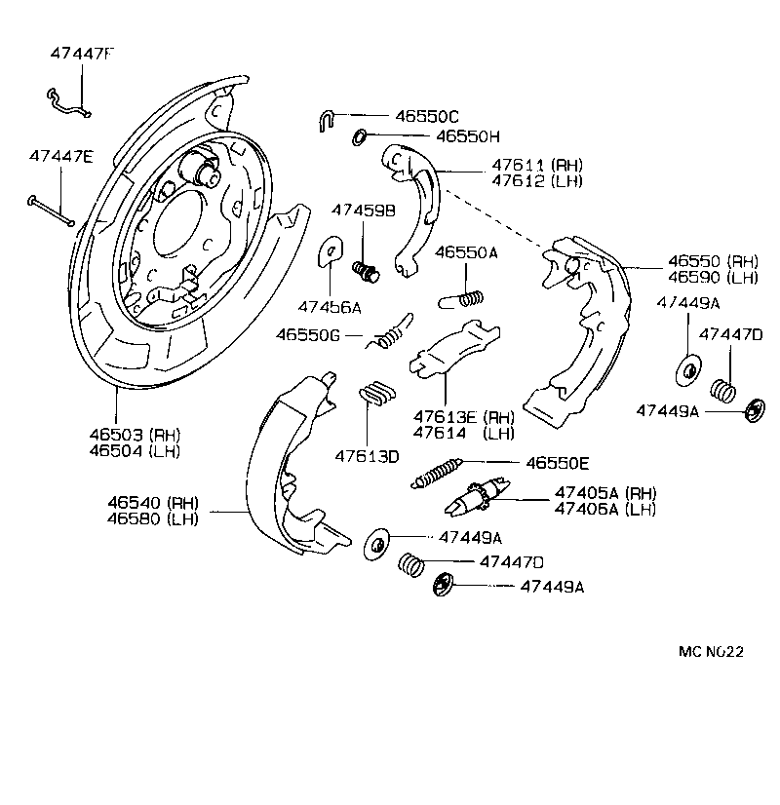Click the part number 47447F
(82, 55)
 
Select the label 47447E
(60, 156)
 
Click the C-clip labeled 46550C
(327, 120)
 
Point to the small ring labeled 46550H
(358, 136)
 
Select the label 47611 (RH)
(525, 166)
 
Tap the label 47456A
(330, 307)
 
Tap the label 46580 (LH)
(153, 518)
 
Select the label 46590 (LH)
(713, 277)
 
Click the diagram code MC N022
(712, 652)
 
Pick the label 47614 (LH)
(463, 433)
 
